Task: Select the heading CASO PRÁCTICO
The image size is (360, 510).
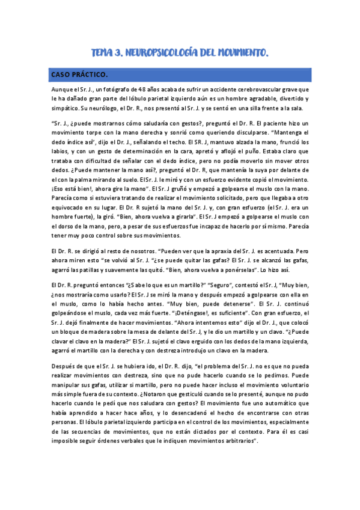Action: [79, 75]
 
